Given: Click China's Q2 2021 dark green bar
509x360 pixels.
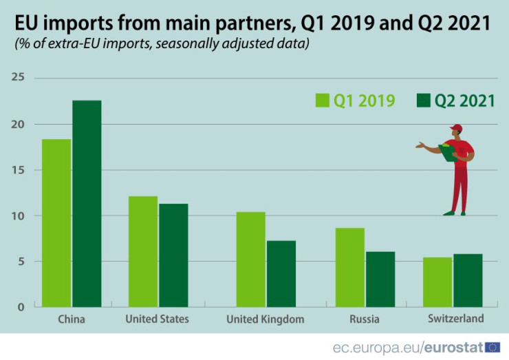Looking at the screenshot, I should (87, 204).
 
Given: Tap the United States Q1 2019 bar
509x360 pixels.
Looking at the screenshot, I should (143, 252).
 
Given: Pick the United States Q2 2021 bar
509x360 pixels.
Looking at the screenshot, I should (173, 255).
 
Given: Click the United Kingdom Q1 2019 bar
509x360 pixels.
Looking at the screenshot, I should (250, 260).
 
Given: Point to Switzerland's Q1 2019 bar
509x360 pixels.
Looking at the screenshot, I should (437, 282).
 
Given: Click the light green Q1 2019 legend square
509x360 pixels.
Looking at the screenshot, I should (323, 100).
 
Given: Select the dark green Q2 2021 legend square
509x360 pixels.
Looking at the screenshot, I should (424, 100).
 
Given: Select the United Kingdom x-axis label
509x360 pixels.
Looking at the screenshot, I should (265, 319).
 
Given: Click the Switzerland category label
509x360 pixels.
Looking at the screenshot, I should (455, 318).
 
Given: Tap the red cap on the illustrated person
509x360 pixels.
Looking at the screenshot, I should (456, 128).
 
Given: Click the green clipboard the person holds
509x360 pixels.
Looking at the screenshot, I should (448, 153).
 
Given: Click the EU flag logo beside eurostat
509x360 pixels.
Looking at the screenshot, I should (492, 347).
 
